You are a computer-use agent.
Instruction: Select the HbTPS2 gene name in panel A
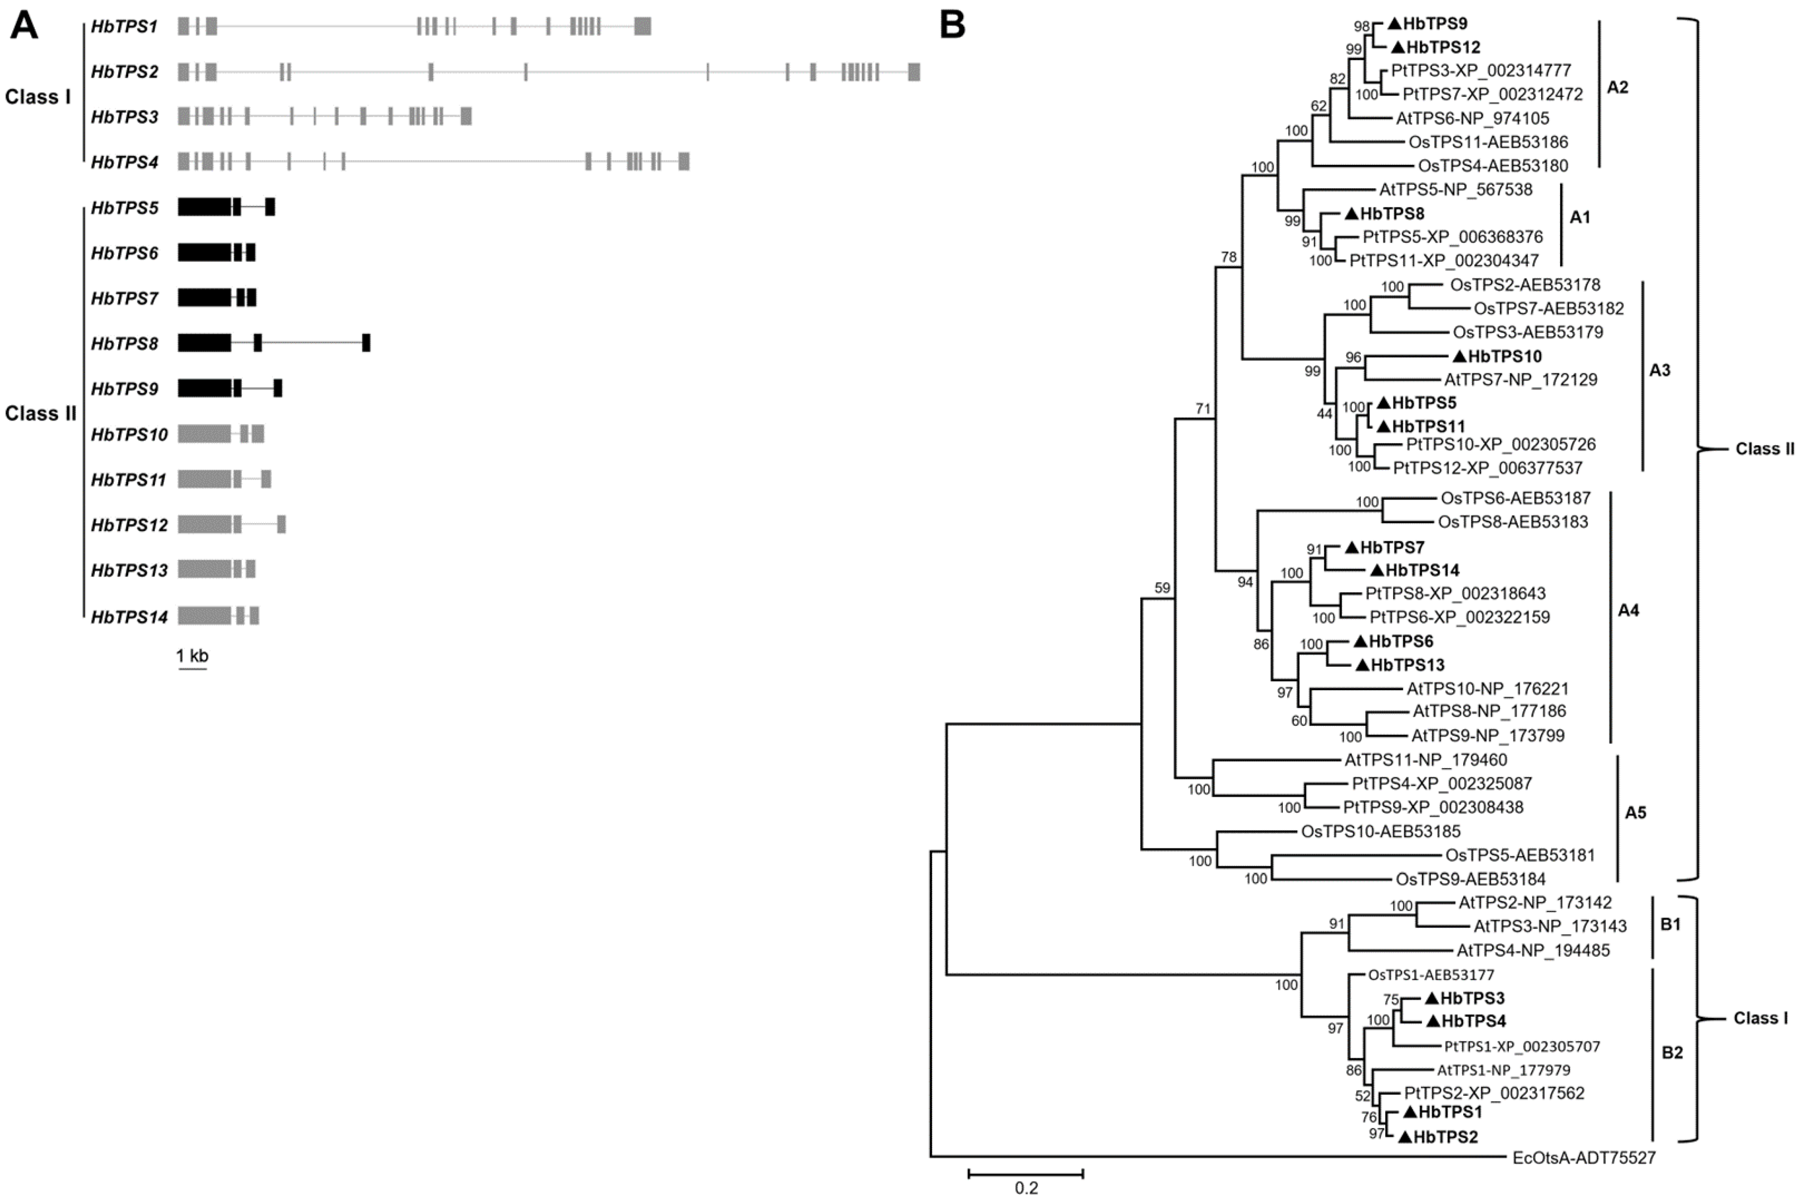pos(124,72)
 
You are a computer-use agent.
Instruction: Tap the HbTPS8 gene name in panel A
pos(124,344)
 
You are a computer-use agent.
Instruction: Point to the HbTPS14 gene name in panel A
pos(129,617)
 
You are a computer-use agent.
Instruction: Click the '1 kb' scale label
pos(192,656)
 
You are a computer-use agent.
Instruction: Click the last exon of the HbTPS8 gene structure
pos(366,343)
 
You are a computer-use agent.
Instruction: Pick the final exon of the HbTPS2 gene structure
pos(913,72)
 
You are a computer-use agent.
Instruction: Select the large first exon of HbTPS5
pos(204,206)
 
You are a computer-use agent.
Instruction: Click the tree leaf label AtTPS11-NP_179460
pos(1426,760)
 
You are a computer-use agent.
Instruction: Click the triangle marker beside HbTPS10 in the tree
pos(1459,356)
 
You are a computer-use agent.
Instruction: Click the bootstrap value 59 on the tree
pos(1162,588)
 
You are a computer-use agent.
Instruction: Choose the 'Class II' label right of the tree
pos(1764,449)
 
